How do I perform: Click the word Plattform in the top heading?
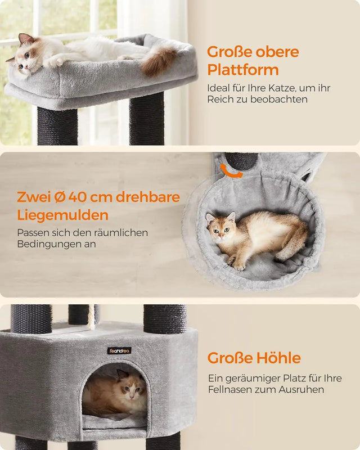click(x=242, y=70)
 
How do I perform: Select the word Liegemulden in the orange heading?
click(x=62, y=215)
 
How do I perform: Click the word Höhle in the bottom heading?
click(x=273, y=358)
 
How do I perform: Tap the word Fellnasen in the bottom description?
click(x=231, y=389)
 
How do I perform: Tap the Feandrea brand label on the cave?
click(x=119, y=351)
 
